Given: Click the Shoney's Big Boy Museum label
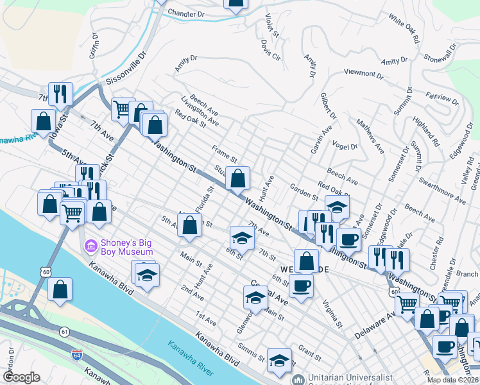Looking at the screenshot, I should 128,246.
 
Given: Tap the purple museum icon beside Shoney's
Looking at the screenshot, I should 90,246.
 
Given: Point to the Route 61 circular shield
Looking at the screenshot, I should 65,331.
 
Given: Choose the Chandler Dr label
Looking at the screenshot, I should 185,13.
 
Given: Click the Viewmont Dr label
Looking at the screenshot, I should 363,74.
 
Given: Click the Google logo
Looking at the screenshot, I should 21,377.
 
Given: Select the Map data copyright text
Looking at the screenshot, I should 452,380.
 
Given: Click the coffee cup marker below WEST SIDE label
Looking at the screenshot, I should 301,286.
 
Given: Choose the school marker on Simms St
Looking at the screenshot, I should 279,361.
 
